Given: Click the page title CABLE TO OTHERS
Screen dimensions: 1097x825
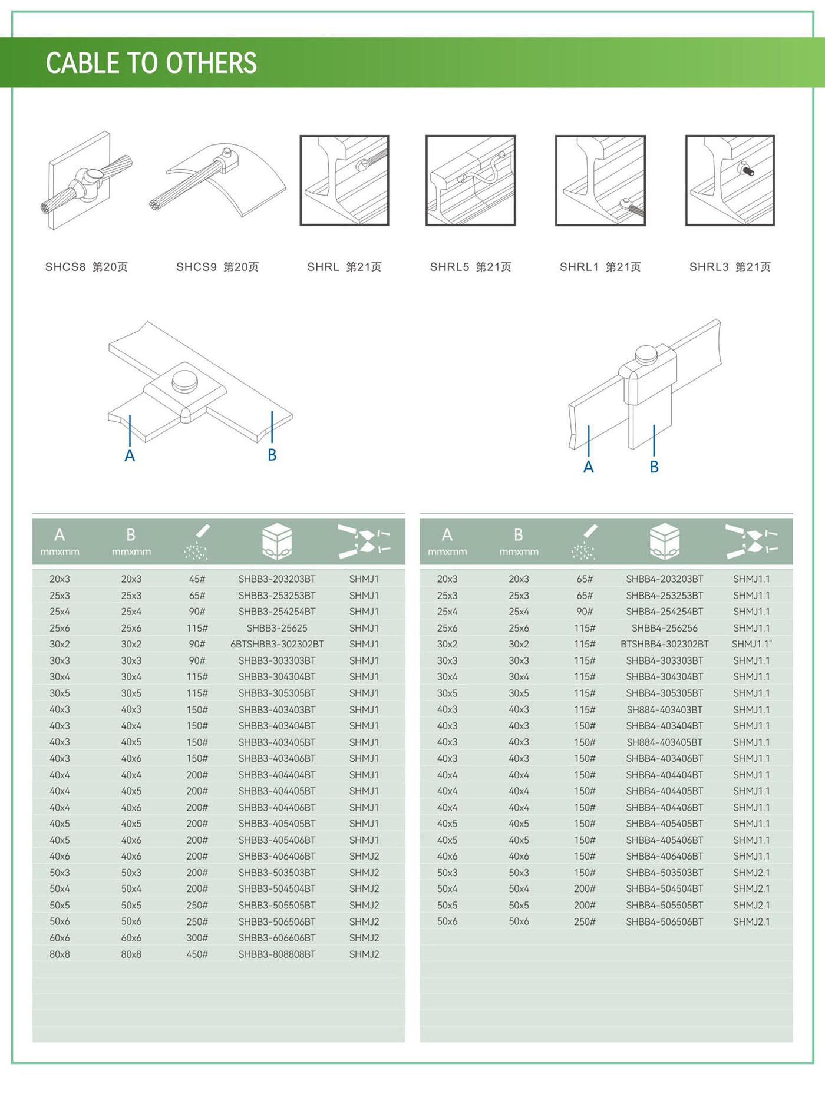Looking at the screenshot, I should (151, 63).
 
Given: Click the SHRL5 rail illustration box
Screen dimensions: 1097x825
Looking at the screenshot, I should (470, 180).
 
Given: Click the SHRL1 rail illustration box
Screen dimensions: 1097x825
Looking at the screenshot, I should (600, 180).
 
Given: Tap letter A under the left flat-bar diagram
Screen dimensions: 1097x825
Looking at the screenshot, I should (130, 455).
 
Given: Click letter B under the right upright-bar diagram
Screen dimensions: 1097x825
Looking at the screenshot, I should (654, 467).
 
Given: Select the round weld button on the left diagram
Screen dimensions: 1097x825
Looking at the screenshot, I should (184, 381).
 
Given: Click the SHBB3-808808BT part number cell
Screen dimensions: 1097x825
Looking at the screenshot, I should (277, 954).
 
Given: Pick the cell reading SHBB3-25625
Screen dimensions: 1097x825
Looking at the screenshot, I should (277, 628).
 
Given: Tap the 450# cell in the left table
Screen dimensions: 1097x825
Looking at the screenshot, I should (197, 954).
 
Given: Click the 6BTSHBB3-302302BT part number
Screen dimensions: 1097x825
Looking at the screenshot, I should (277, 644).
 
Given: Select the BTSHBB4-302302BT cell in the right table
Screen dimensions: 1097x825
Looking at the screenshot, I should (664, 644).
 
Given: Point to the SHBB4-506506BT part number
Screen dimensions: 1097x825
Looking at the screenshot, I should (664, 921).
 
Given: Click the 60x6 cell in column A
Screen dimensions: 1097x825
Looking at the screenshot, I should (60, 937).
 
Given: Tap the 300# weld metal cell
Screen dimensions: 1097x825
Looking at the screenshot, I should (197, 937).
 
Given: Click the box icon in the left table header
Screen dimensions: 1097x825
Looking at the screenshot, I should (277, 541).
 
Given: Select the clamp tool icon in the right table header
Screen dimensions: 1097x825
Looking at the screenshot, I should (751, 541).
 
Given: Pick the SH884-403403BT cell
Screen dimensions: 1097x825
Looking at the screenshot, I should (664, 709).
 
